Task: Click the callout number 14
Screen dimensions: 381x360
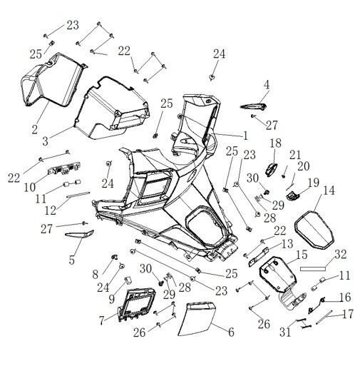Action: [x=328, y=190]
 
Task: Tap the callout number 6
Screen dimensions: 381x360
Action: [x=230, y=331]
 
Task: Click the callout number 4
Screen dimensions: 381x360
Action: [x=266, y=84]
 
